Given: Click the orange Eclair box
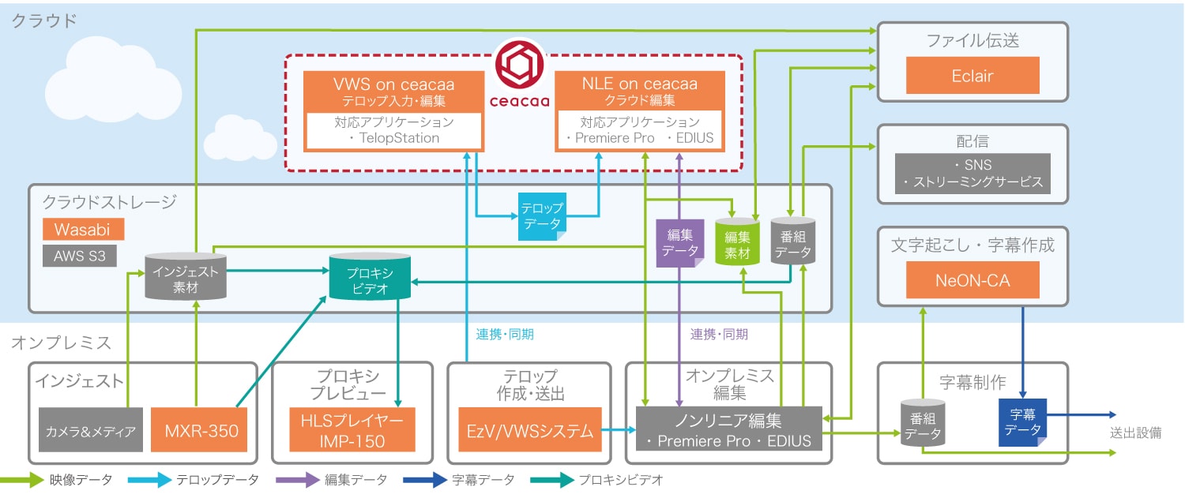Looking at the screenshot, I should pyautogui.click(x=972, y=76).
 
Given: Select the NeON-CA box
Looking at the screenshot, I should pyautogui.click(x=972, y=279).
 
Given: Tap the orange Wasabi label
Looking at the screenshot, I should pyautogui.click(x=82, y=230).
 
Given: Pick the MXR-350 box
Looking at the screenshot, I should pyautogui.click(x=200, y=431).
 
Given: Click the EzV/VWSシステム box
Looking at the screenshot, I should pyautogui.click(x=530, y=431).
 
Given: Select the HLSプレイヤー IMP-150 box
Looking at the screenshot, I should pyautogui.click(x=352, y=431).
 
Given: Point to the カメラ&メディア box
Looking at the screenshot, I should pyautogui.click(x=91, y=431).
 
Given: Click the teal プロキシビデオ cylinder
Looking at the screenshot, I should pyautogui.click(x=369, y=278).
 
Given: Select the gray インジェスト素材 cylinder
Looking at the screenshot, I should pyautogui.click(x=186, y=277).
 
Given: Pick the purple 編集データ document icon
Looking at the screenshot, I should pyautogui.click(x=679, y=244).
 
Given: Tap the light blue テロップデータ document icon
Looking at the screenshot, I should pyautogui.click(x=541, y=216).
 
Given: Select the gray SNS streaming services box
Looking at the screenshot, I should pyautogui.click(x=972, y=174).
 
